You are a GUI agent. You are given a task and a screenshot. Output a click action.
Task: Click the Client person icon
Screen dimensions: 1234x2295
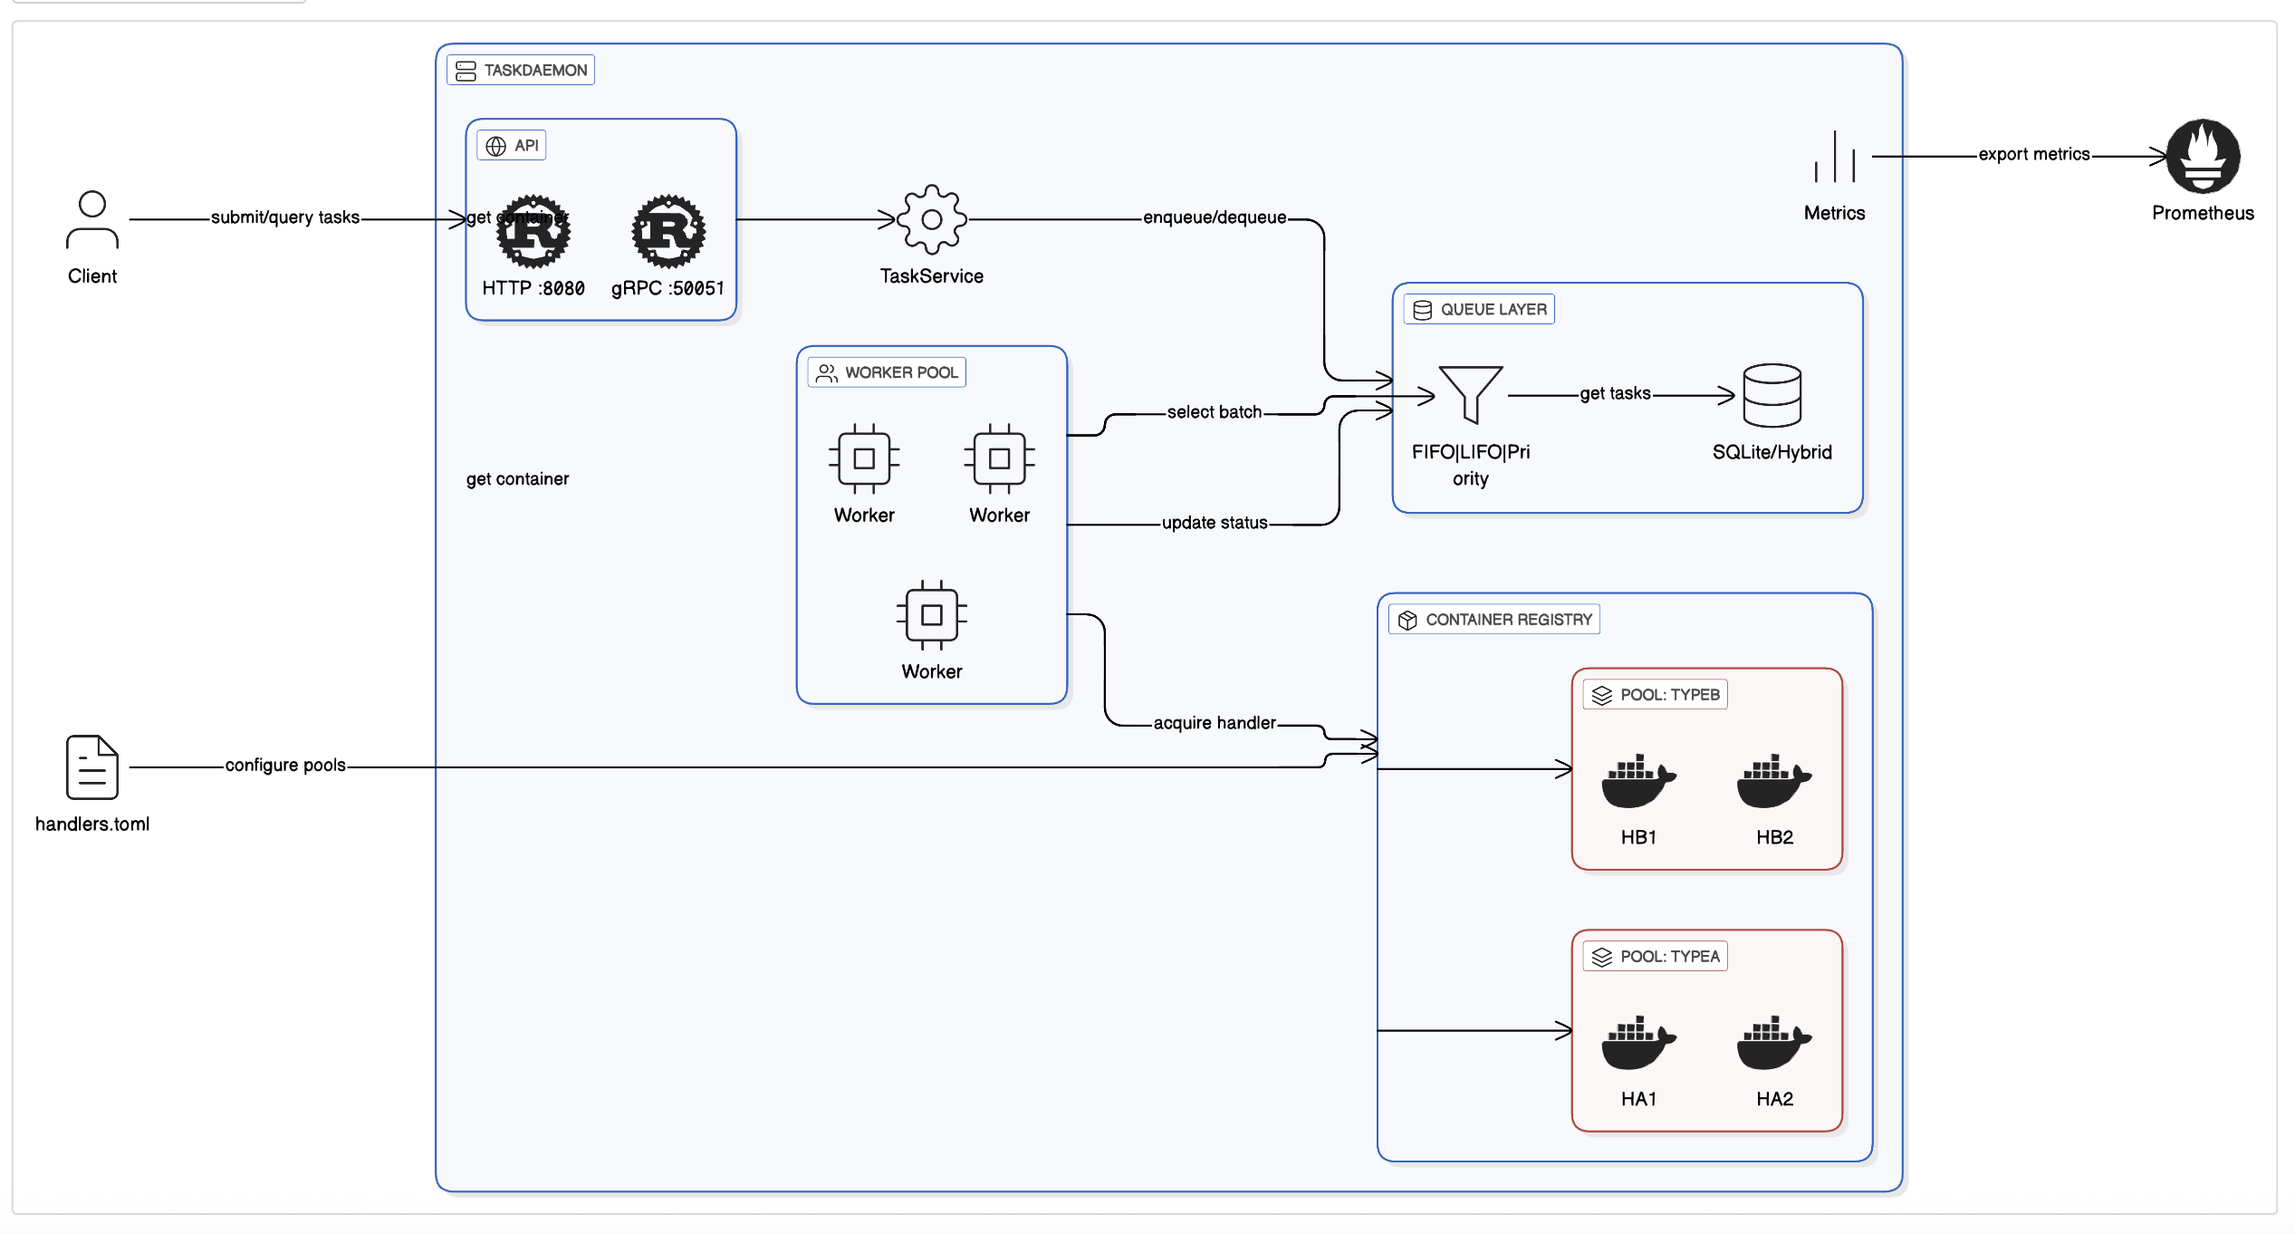pyautogui.click(x=91, y=219)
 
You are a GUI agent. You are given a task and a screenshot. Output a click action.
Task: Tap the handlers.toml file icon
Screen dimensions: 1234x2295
pyautogui.click(x=91, y=767)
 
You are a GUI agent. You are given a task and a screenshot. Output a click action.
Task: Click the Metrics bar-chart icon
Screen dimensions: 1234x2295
pyautogui.click(x=1834, y=157)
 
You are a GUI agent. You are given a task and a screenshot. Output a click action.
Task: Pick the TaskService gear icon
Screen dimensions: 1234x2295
pyautogui.click(x=931, y=219)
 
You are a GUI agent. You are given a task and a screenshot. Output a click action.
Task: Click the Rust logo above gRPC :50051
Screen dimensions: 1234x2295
pyautogui.click(x=667, y=231)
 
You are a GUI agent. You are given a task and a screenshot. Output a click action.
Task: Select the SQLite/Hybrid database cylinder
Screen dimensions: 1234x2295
pyautogui.click(x=1772, y=395)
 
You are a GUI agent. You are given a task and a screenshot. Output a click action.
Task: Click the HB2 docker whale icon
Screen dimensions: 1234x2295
pyautogui.click(x=1773, y=780)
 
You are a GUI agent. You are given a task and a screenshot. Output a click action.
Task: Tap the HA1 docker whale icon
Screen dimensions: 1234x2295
pyautogui.click(x=1637, y=1042)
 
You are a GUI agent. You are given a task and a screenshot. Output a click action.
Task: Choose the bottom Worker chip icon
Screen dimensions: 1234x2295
pyautogui.click(x=931, y=615)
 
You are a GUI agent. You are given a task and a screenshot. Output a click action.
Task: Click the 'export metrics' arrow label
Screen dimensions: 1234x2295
pyautogui.click(x=2033, y=154)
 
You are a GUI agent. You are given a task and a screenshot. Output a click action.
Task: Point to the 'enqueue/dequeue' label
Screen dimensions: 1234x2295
pyautogui.click(x=1214, y=217)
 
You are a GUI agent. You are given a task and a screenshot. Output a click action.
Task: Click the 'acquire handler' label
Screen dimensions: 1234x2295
pyautogui.click(x=1214, y=723)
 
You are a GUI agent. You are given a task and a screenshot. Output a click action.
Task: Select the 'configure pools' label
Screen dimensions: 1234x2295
pyautogui.click(x=285, y=766)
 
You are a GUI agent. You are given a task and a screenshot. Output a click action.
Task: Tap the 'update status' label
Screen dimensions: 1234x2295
pyautogui.click(x=1214, y=523)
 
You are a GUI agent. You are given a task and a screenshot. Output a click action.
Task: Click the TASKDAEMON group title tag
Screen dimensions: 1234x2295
pyautogui.click(x=521, y=70)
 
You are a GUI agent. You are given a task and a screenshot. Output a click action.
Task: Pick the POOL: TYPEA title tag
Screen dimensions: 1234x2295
pyautogui.click(x=1655, y=957)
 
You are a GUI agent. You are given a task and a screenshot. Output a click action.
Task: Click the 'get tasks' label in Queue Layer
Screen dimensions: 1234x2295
pyautogui.click(x=1615, y=393)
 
